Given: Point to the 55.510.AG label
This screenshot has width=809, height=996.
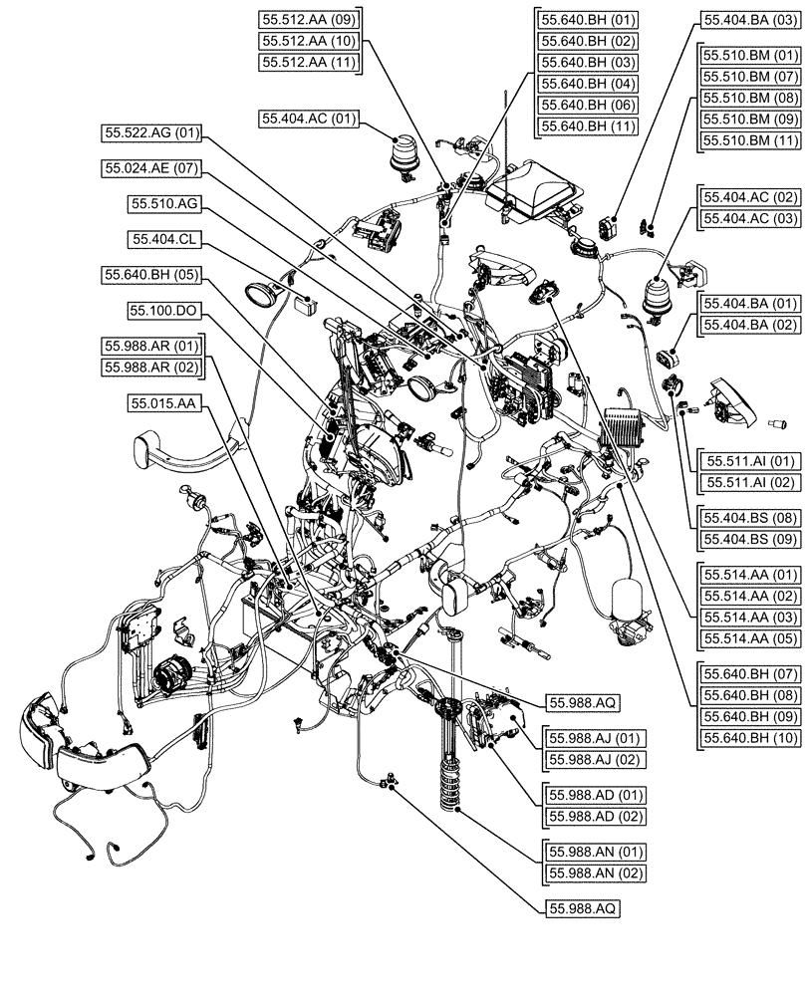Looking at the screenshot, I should [x=165, y=203].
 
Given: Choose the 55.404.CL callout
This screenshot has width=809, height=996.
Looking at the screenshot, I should [x=164, y=239].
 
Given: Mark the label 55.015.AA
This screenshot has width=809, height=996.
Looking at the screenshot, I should [x=164, y=403].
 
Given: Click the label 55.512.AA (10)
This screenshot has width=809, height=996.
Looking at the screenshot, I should [x=309, y=41].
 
